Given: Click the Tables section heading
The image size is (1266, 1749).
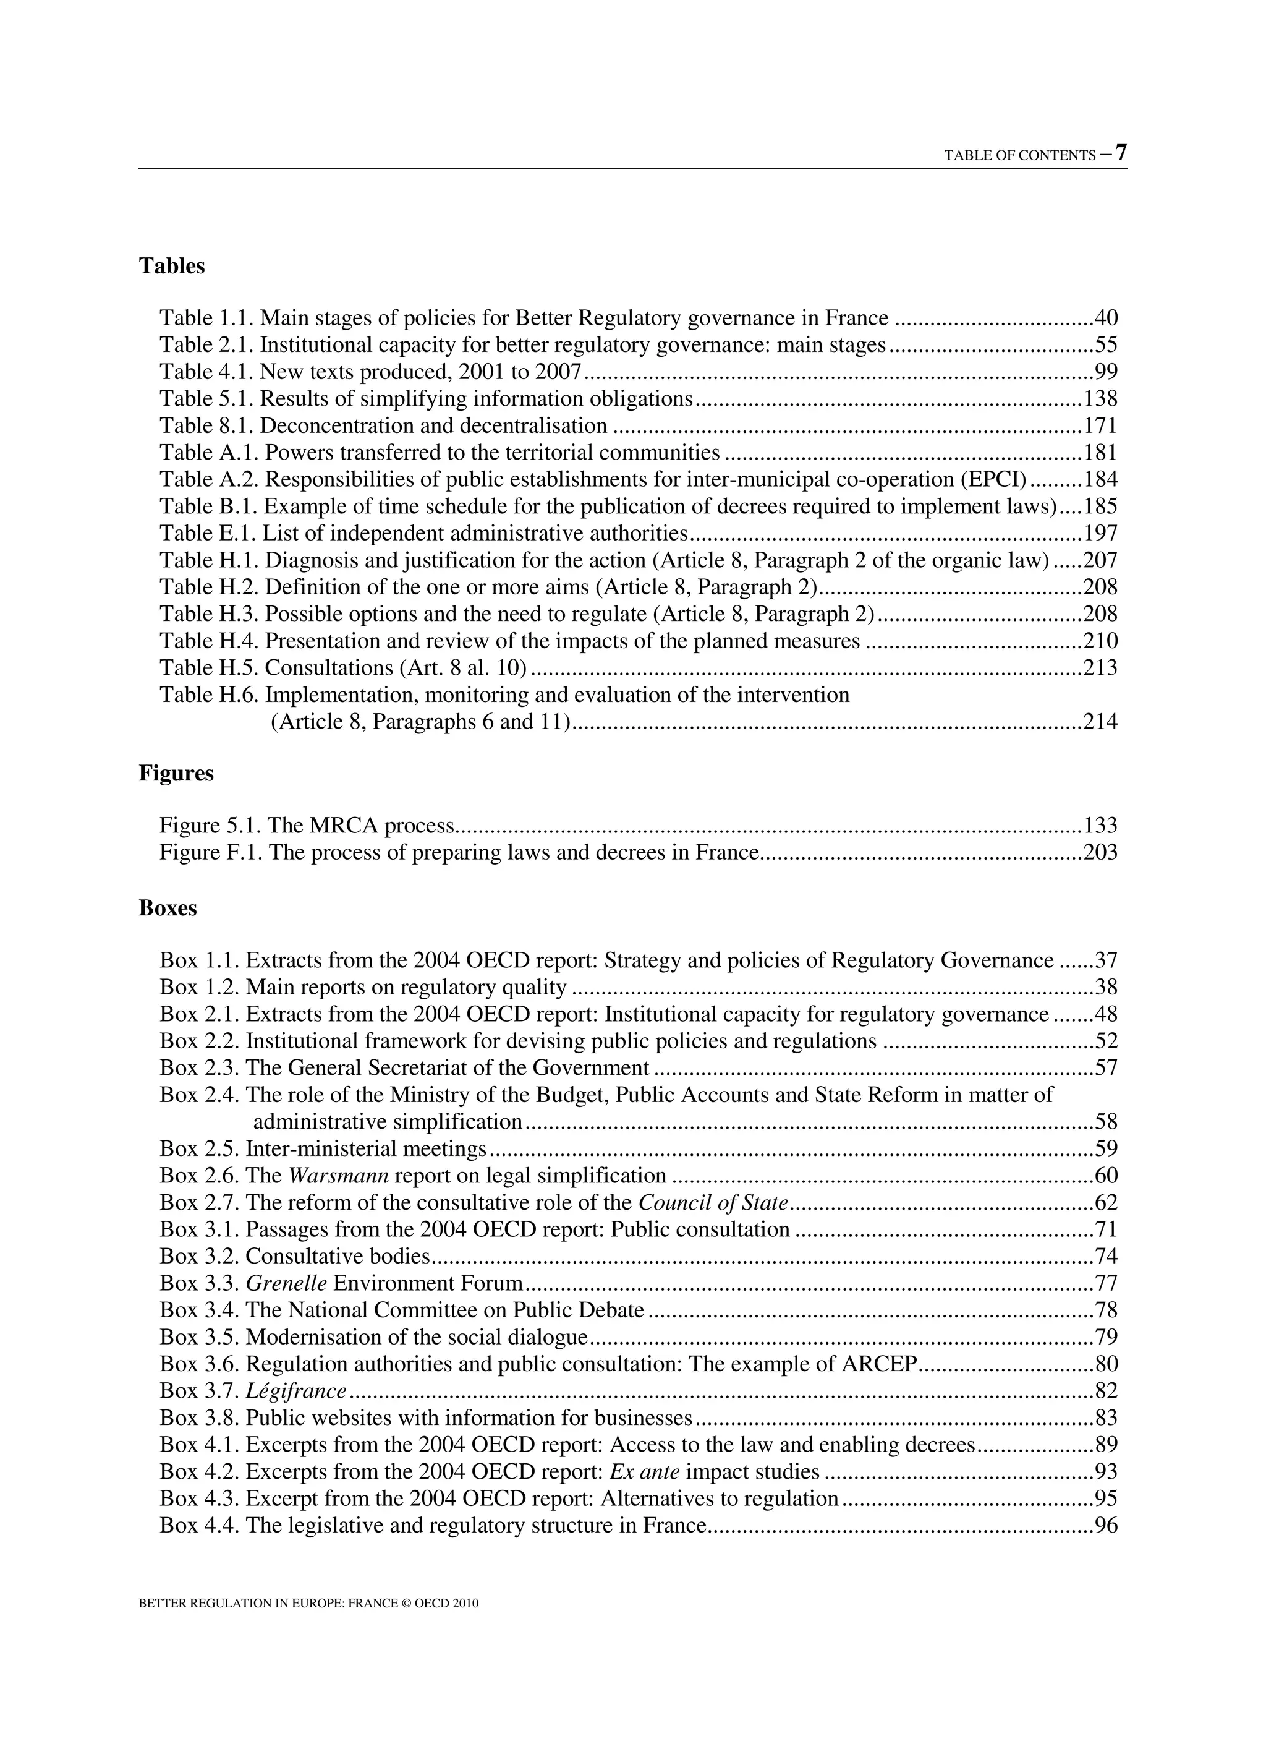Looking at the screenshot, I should coord(172,266).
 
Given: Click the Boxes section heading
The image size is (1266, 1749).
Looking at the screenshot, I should coord(168,909).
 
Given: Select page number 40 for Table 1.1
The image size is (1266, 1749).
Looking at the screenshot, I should coord(1106,319).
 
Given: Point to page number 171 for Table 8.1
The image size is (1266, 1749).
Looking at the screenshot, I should coord(1100,425).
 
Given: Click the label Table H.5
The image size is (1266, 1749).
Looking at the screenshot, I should coord(209,668).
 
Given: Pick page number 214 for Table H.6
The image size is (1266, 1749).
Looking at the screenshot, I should coord(1100,722).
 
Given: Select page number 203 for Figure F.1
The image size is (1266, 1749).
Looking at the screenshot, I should coord(1100,853).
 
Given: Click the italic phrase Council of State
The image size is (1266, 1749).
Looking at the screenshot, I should coord(713,1203).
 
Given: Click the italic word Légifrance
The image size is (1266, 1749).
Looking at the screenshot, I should coord(295,1391).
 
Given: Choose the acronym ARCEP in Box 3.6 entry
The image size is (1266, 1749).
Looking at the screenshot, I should coord(878,1364).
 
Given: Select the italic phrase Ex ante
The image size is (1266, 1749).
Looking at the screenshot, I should coord(644,1472).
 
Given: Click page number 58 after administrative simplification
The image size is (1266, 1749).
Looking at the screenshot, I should coord(1106,1122).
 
